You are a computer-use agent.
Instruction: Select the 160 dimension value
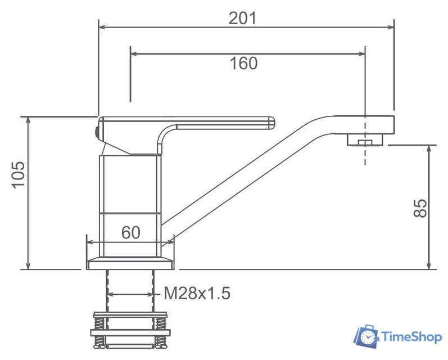[x=243, y=64]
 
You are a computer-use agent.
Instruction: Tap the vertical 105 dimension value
[x=18, y=175]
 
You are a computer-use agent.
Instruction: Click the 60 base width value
[x=130, y=232]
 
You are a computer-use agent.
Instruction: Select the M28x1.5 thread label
[x=197, y=293]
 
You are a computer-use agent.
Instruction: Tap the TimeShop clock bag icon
[x=366, y=336]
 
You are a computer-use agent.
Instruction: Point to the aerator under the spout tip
[x=364, y=139]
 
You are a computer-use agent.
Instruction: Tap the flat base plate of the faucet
[x=130, y=263]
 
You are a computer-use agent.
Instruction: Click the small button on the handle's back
[x=97, y=133]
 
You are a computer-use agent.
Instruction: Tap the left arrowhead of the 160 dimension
[x=133, y=54]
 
